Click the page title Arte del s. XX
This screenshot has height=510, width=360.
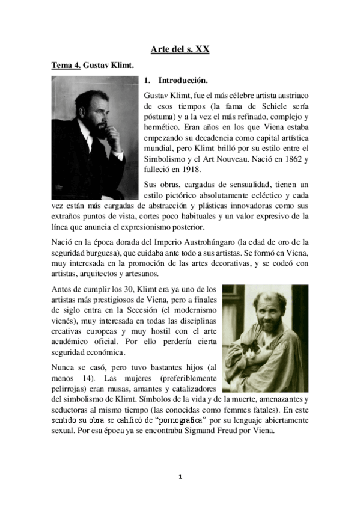(x=180, y=50)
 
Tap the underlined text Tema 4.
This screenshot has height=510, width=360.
(x=66, y=65)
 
